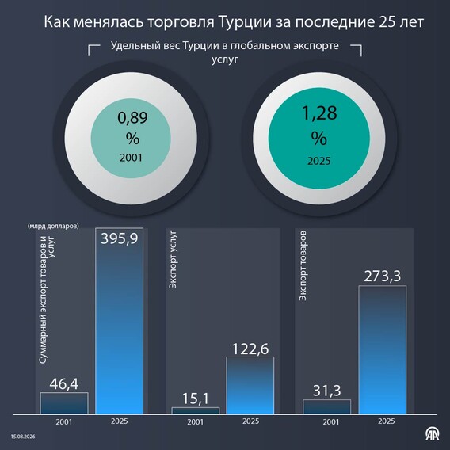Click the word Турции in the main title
tap(245, 22)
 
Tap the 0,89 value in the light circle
tap(132, 117)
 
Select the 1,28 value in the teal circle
tap(319, 113)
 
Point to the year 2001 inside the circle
tap(131, 158)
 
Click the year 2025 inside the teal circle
tap(319, 161)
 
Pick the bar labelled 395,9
tap(119, 321)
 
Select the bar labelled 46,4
tap(64, 403)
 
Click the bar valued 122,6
tap(250, 385)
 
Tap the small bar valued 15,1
tap(196, 410)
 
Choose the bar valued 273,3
tap(383, 350)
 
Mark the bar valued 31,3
tap(326, 406)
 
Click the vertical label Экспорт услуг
tap(173, 259)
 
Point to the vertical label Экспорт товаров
tap(303, 266)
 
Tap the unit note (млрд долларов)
tap(53, 226)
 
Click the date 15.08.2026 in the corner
tap(23, 437)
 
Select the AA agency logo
tap(433, 433)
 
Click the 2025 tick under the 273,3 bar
tap(387, 421)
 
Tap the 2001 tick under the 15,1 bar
tap(196, 421)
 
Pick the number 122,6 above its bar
tap(250, 349)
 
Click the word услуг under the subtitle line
tap(225, 59)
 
